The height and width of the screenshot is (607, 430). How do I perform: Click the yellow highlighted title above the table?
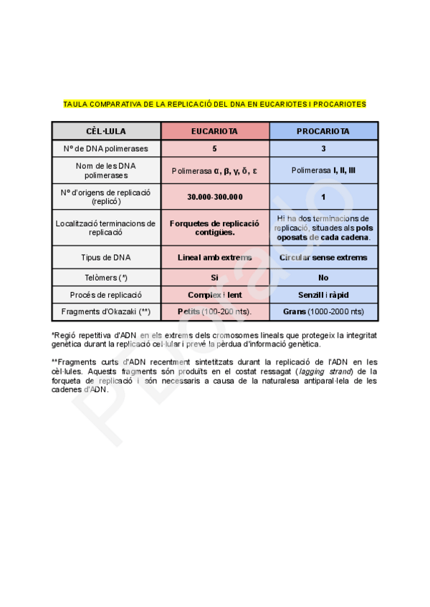[x=214, y=104]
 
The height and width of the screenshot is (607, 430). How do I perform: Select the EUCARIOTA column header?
[x=214, y=132]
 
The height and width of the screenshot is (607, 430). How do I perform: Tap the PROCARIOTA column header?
[x=323, y=132]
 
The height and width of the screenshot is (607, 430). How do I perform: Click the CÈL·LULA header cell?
[x=105, y=132]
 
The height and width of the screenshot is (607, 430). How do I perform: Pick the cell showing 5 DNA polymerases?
[x=214, y=149]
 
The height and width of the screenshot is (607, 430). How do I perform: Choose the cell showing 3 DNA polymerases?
[x=323, y=149]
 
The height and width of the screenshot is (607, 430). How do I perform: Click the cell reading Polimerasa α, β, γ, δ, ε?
[x=214, y=171]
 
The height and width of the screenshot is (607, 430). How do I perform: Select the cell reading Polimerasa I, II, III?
[x=323, y=171]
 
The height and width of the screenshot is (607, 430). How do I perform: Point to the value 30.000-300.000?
[x=214, y=197]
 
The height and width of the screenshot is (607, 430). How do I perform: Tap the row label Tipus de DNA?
[x=105, y=257]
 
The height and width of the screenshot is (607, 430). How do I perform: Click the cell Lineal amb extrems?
[x=214, y=257]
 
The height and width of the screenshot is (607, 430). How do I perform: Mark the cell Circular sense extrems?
[x=323, y=257]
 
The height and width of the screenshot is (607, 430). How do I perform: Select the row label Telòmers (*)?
[x=105, y=277]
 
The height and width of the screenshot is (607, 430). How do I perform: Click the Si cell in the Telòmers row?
[x=214, y=277]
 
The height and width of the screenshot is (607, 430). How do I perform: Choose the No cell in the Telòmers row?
[x=323, y=277]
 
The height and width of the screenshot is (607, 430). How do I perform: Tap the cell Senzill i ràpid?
[x=323, y=295]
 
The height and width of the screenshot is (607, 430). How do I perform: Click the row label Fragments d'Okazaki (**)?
[x=105, y=312]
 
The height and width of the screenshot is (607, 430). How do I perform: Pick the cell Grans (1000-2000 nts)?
[x=323, y=312]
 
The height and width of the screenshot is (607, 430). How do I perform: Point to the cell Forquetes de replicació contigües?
[x=214, y=228]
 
